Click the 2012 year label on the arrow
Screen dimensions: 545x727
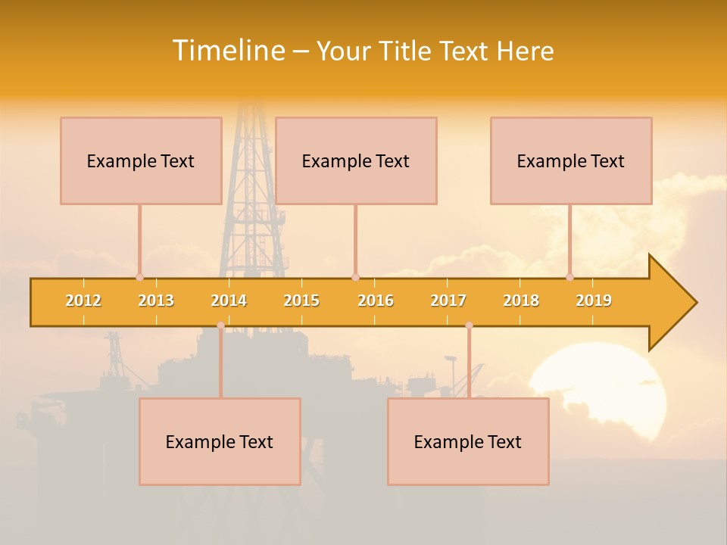pyautogui.click(x=83, y=301)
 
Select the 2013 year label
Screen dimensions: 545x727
pyautogui.click(x=156, y=301)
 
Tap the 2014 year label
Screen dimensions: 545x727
pyautogui.click(x=229, y=301)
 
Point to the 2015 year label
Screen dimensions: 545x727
pyautogui.click(x=301, y=301)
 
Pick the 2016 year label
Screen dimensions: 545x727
pyautogui.click(x=376, y=301)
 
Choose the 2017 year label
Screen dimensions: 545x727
pyautogui.click(x=448, y=301)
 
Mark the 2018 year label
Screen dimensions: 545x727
pyautogui.click(x=521, y=301)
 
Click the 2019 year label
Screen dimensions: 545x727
pyautogui.click(x=594, y=301)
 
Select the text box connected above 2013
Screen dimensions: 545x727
pyautogui.click(x=141, y=160)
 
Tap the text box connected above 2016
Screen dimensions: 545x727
pyautogui.click(x=356, y=160)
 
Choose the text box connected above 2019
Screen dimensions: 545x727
pyautogui.click(x=571, y=160)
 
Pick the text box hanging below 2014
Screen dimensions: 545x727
pyautogui.click(x=220, y=441)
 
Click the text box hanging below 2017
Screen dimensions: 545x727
pyautogui.click(x=468, y=441)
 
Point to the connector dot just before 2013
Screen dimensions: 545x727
pyautogui.click(x=139, y=278)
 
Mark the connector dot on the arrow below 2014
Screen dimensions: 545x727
pyautogui.click(x=220, y=325)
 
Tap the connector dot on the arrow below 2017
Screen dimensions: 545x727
pyautogui.click(x=469, y=325)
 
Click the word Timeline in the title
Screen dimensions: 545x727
pyautogui.click(x=227, y=51)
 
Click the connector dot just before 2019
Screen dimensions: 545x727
pyautogui.click(x=570, y=278)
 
